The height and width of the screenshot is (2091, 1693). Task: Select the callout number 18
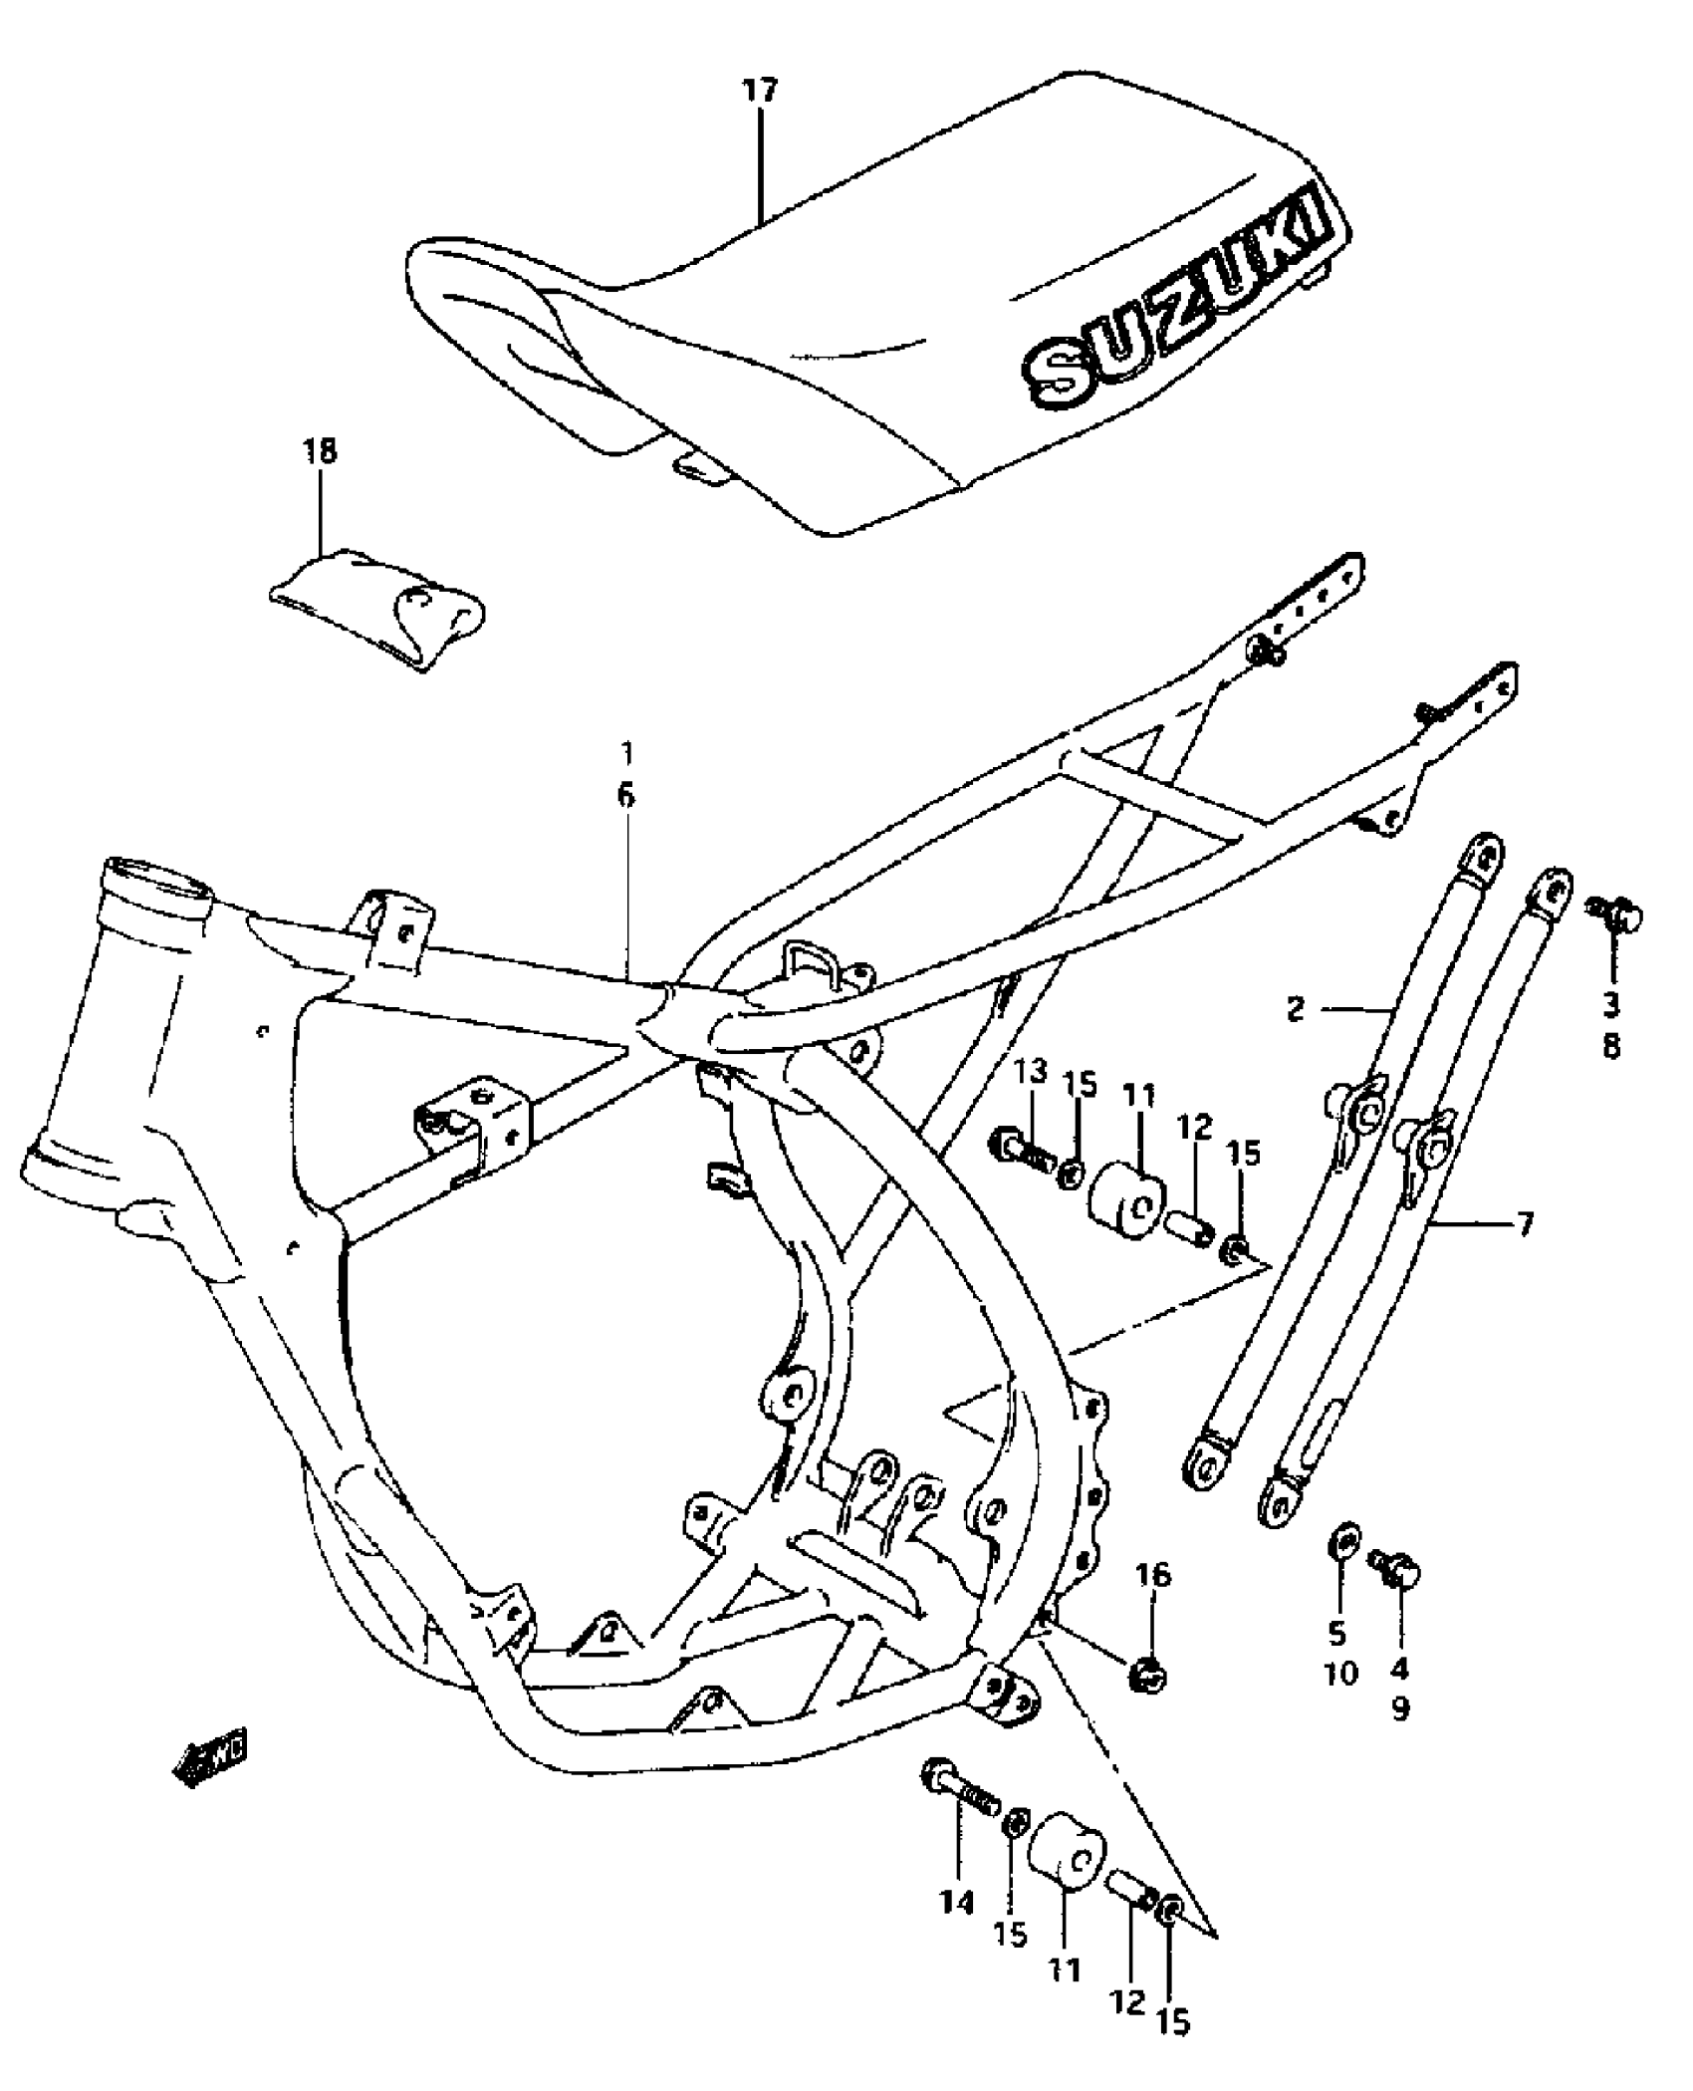pos(320,451)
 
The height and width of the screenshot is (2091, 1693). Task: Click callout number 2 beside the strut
pos(1295,1009)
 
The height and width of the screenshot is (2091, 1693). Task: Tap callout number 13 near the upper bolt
pos(1032,1072)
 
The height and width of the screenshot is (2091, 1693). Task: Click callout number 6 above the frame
pos(625,794)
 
